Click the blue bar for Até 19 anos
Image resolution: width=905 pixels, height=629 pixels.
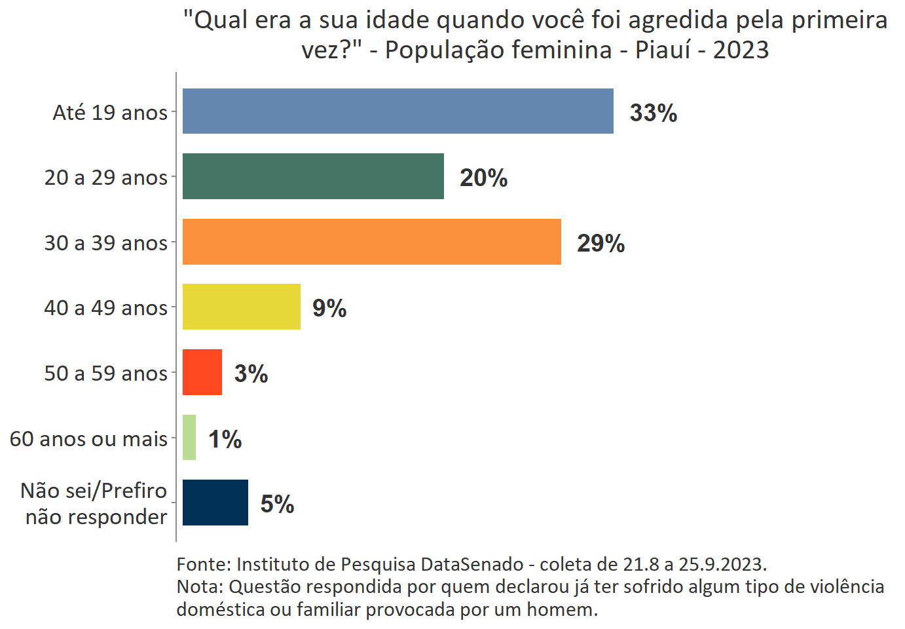(x=397, y=111)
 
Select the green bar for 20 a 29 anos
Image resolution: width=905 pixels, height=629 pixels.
(x=313, y=176)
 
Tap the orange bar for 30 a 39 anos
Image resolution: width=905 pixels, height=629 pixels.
(x=371, y=242)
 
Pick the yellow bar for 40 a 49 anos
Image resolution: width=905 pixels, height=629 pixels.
(x=241, y=307)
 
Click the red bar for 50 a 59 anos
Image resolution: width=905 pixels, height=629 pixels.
(x=202, y=372)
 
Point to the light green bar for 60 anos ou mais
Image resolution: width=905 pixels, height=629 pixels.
(x=189, y=437)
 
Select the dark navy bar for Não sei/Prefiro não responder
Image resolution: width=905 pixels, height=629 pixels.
(x=215, y=503)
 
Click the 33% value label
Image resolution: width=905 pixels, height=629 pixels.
(x=653, y=113)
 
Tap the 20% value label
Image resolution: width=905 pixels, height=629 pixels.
(x=483, y=178)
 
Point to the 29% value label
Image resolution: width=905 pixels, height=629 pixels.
(x=600, y=243)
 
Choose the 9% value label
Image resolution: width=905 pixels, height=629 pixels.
(x=329, y=308)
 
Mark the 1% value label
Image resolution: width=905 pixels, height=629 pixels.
(x=225, y=439)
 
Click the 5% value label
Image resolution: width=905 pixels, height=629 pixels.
(x=277, y=504)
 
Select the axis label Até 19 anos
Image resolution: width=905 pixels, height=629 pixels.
(x=110, y=113)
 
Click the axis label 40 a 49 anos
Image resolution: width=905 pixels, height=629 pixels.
(x=105, y=308)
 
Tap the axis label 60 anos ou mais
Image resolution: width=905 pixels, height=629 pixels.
(x=88, y=439)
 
